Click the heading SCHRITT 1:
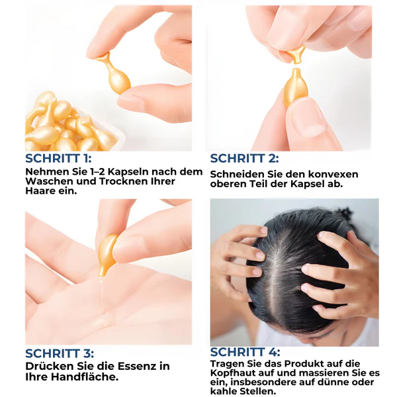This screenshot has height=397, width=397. coord(58,159)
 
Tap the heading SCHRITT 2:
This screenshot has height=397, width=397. coord(245,159)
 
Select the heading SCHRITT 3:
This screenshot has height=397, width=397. coord(60,353)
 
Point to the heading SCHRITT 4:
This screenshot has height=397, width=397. coord(245,353)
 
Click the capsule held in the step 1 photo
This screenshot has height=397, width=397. coord(114,73)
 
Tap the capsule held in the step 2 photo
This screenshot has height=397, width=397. coord(296,86)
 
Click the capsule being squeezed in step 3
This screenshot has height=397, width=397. coord(107,253)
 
